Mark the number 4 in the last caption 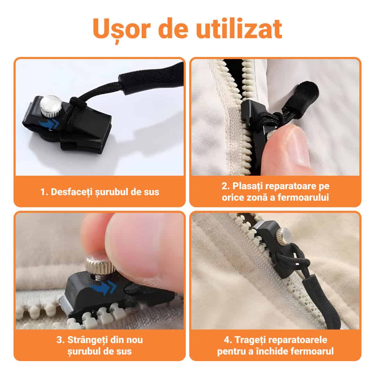[x=227, y=340]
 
